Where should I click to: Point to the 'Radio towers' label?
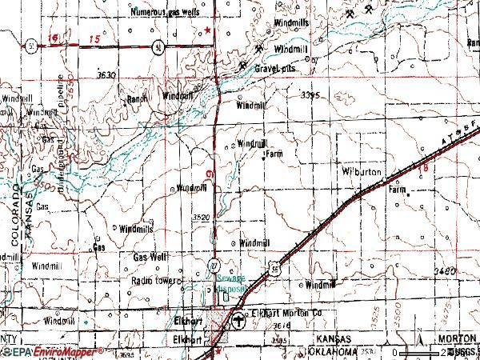157,282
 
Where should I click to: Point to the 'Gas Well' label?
150,257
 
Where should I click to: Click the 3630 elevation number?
106,74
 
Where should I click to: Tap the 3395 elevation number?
310,94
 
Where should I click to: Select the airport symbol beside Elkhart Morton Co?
238,322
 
